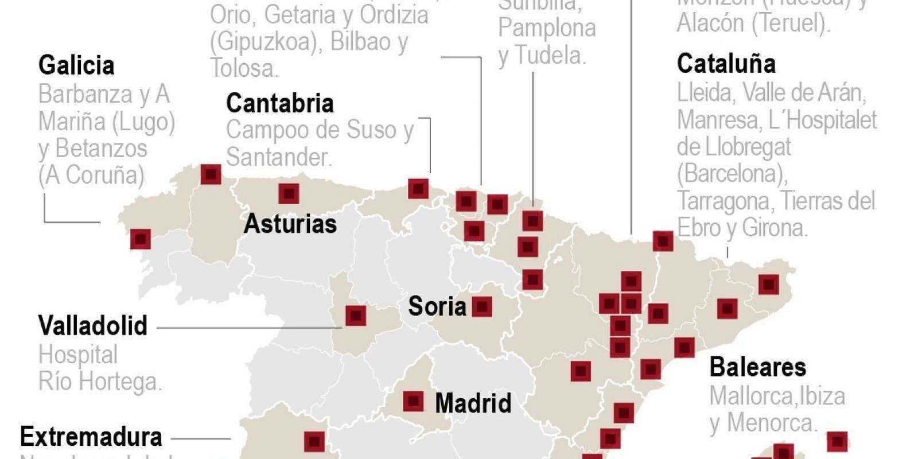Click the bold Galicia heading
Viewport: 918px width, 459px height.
tap(76, 65)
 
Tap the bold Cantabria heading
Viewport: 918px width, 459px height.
tap(279, 103)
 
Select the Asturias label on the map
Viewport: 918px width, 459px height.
tap(290, 224)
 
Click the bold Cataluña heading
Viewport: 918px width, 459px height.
tap(726, 64)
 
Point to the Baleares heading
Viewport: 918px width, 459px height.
tap(757, 367)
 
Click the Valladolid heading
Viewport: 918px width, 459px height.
tap(93, 326)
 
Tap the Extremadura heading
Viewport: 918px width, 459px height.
tap(91, 437)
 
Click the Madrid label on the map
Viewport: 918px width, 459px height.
tap(473, 403)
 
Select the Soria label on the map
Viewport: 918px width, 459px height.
tap(437, 306)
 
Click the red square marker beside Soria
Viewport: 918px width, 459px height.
tap(482, 307)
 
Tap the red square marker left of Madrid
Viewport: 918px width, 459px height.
tap(413, 402)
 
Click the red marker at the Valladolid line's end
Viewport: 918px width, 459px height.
tap(356, 315)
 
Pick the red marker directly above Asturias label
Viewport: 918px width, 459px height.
tap(289, 193)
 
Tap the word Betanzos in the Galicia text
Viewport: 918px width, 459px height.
tap(101, 149)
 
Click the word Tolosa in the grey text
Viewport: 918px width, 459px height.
tap(243, 68)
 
